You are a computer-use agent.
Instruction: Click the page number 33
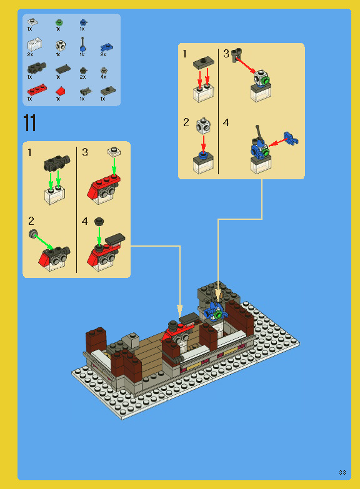(342, 472)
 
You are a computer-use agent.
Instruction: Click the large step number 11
(29, 122)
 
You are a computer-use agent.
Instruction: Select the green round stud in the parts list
(59, 22)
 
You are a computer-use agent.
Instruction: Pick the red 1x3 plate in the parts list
(36, 90)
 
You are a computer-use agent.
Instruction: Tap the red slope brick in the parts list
(60, 91)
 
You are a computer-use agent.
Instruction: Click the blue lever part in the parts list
(82, 44)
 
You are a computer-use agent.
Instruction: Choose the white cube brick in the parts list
(61, 46)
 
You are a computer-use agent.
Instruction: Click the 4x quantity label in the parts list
(104, 77)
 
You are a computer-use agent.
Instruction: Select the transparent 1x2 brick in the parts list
(34, 45)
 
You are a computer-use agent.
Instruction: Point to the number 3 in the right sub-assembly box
(226, 54)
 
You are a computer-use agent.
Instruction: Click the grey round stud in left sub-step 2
(32, 234)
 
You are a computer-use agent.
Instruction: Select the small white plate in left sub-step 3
(113, 151)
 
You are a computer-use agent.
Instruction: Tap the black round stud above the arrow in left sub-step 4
(98, 222)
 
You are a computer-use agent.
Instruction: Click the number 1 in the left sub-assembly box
(29, 152)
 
